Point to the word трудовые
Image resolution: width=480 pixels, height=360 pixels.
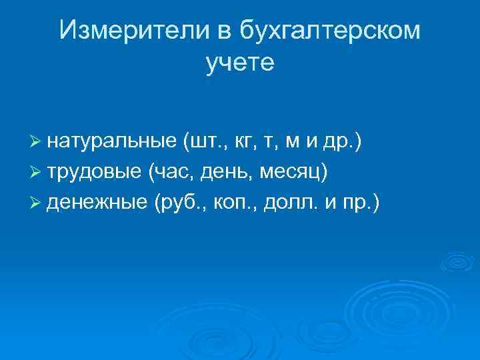pos(93,171)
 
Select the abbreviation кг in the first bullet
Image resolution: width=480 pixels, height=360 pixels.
pos(244,142)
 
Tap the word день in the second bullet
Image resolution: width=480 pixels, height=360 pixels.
pos(229,171)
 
